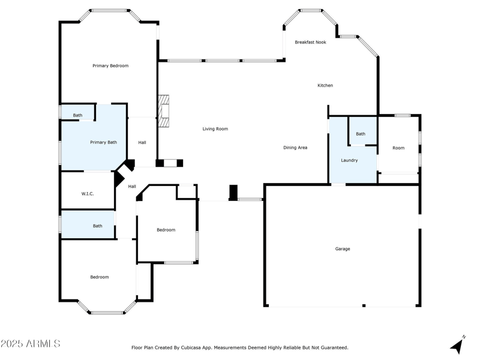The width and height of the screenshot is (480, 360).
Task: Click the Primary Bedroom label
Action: coord(110,65)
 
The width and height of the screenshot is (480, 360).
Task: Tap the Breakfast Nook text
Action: coord(310,42)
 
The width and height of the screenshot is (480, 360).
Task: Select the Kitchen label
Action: coord(325,85)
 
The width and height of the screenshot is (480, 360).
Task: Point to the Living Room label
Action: coord(215,128)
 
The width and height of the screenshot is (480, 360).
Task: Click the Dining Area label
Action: coord(295,147)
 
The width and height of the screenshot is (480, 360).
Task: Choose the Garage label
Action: coord(343,248)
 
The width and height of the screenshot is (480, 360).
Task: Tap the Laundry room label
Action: coord(349,160)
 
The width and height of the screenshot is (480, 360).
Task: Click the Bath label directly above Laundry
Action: coord(360,134)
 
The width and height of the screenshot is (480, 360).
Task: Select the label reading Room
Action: coord(398,148)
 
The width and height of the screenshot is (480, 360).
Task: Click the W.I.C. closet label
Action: coord(88,193)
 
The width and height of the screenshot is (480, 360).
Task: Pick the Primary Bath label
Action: coord(103,142)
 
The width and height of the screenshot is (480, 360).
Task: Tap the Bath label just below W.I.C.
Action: coord(97,226)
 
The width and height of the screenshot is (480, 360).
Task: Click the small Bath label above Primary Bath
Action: coord(78,115)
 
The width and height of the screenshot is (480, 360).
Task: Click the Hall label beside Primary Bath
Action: coord(142,142)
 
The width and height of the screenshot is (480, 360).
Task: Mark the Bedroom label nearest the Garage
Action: coord(166,230)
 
